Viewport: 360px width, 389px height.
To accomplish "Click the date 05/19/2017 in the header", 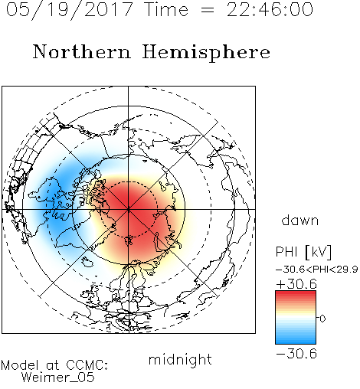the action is [69, 10].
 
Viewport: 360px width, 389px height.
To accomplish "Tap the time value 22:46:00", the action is [270, 9].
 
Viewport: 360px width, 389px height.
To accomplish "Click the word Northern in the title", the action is [82, 51].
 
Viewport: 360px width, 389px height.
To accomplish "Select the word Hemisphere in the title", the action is [206, 53].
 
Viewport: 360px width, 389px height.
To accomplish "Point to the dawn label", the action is [300, 220].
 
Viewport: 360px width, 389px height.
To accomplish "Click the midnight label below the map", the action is [180, 360].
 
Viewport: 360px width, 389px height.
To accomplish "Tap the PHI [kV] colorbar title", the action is [303, 252].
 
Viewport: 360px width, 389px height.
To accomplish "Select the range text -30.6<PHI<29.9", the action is [317, 270].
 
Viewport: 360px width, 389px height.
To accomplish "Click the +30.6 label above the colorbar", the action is [296, 284].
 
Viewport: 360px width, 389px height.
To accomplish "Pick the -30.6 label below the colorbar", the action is [296, 354].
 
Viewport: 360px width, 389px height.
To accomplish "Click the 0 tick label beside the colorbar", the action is [322, 319].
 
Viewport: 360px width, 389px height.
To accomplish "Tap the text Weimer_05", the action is [57, 377].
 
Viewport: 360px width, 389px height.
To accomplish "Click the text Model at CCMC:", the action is [54, 365].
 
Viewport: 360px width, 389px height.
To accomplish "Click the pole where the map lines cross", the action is [129, 209].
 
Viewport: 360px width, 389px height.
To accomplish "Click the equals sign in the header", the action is [207, 10].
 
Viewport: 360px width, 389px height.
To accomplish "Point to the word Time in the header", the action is [166, 9].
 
